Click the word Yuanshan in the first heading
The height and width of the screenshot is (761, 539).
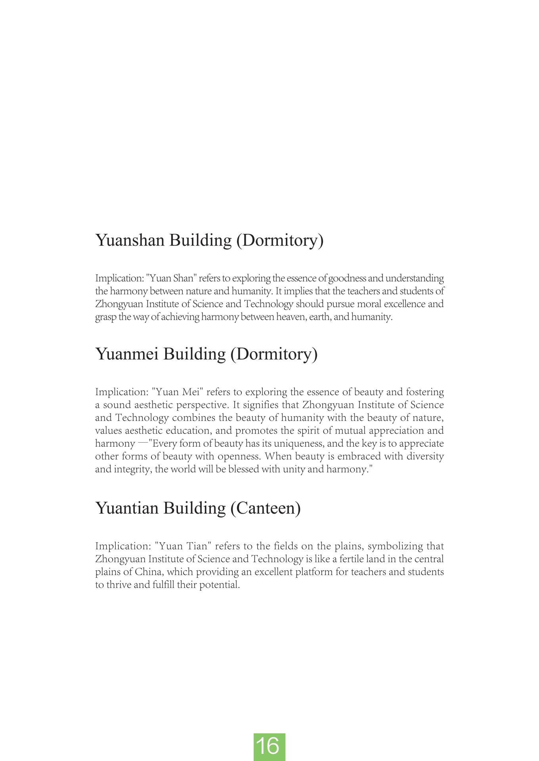click(130, 241)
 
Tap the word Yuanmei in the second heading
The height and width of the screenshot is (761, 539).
click(126, 354)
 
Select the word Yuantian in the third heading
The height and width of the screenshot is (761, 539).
click(126, 508)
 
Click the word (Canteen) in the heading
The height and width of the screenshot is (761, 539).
click(265, 508)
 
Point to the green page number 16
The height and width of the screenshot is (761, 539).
click(269, 747)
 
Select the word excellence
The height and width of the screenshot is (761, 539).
click(404, 304)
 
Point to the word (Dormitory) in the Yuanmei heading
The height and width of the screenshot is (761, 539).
click(274, 354)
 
